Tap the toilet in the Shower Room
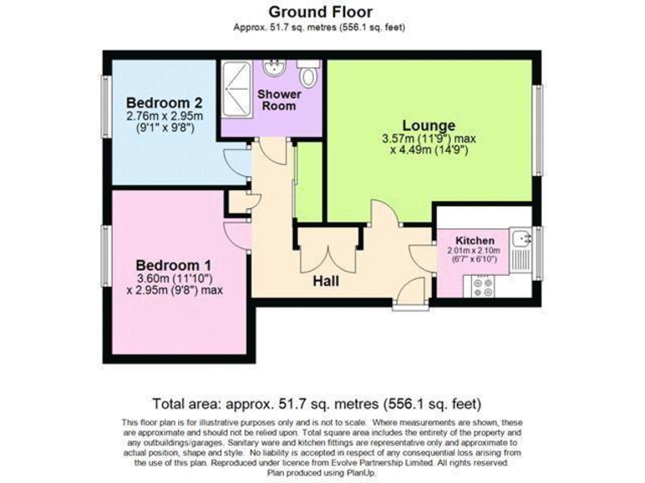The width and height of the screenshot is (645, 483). [309, 77]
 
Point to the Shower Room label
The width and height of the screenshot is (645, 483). [279, 100]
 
